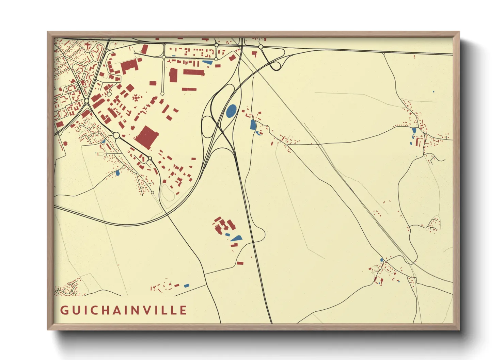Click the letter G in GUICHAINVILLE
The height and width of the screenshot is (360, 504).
pos(64,310)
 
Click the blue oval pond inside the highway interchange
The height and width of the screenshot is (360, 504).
pos(231,111)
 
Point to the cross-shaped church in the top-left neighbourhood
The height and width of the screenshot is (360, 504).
pos(88,45)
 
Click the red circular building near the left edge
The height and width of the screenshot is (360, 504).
pos(65,143)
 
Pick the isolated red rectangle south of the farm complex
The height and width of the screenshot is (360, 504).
pos(240,263)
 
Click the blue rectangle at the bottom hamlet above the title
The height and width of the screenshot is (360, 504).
pos(186,285)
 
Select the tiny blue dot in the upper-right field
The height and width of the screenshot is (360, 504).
pos(433,92)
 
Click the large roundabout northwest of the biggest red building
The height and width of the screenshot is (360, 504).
pos(116,135)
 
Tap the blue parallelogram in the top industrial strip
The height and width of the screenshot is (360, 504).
pos(207,62)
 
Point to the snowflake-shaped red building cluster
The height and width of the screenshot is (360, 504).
pos(137,98)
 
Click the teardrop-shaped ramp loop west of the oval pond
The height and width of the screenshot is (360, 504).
pos(207,127)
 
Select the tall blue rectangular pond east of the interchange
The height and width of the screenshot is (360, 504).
pos(253,125)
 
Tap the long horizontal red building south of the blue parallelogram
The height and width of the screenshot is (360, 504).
pos(193,72)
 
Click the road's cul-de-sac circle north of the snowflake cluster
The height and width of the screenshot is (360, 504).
pos(162,94)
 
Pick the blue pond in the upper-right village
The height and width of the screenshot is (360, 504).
pos(414,130)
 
